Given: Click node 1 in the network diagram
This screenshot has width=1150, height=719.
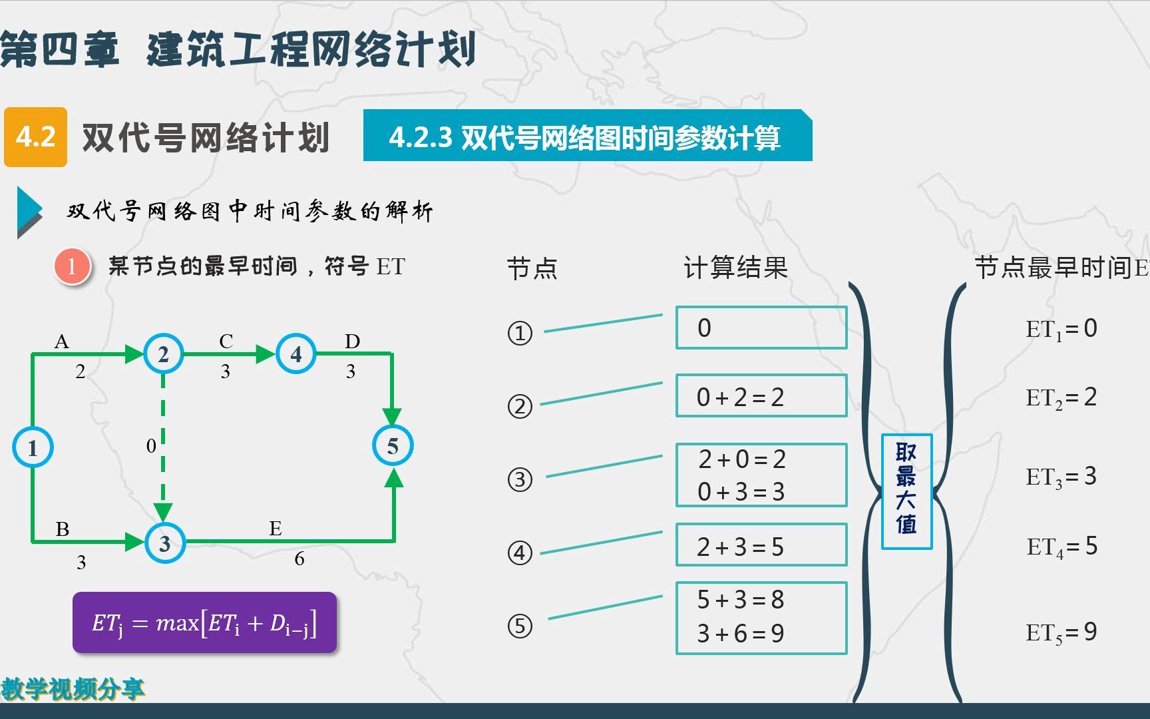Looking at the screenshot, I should [33, 447].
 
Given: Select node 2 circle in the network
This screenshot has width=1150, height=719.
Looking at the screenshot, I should [163, 354].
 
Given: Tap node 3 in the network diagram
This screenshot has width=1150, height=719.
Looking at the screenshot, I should [164, 543].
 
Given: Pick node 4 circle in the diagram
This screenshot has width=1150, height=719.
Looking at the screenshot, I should [295, 354].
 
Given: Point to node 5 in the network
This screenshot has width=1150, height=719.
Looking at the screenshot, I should [393, 445].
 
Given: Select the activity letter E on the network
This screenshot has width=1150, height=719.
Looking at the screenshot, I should [275, 529].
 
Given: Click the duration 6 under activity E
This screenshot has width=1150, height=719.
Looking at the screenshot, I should [299, 559].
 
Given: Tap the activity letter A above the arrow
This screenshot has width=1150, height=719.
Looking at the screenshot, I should [61, 342].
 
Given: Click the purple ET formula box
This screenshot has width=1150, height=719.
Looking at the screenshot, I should [204, 623].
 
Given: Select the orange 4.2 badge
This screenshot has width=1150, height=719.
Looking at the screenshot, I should [36, 136].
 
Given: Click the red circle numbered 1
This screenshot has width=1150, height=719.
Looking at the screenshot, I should [72, 267].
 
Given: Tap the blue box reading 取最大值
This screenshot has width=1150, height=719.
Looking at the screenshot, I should [906, 491].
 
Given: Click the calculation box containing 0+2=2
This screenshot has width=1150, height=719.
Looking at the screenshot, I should [761, 396].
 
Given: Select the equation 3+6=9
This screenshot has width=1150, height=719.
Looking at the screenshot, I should [741, 634].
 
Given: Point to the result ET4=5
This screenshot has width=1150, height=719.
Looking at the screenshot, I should [1061, 547].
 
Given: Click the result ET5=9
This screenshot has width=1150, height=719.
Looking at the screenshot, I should [1061, 632].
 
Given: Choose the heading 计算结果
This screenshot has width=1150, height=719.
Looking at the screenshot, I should [735, 268].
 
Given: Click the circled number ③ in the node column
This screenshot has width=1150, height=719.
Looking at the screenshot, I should [520, 479].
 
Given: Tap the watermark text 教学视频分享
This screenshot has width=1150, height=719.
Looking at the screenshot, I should [73, 688].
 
